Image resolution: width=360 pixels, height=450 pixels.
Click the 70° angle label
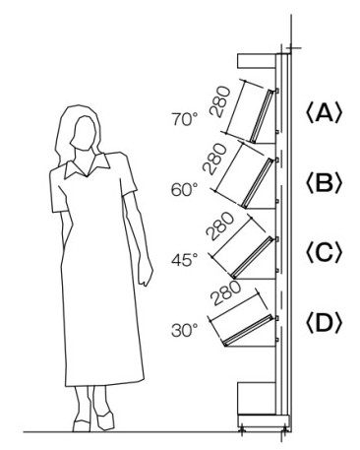click(x=185, y=119)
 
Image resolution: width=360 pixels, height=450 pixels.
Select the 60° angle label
click(x=185, y=190)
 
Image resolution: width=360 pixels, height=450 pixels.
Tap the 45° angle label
click(x=185, y=260)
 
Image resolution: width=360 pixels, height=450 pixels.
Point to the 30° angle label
click(x=185, y=330)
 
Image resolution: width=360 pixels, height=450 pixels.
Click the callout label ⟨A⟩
click(x=324, y=113)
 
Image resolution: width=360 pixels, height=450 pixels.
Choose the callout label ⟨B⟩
click(x=324, y=183)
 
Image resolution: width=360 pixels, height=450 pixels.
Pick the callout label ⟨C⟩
click(x=324, y=253)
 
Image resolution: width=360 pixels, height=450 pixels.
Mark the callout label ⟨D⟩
click(x=324, y=323)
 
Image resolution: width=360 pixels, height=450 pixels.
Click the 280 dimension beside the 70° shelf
click(x=220, y=101)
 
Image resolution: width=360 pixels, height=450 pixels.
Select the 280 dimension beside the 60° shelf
click(x=214, y=160)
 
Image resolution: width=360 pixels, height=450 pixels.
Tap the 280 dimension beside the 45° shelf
click(x=220, y=226)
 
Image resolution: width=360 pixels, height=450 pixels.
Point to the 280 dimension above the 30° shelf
click(x=225, y=293)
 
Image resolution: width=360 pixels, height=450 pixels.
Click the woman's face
click(x=85, y=133)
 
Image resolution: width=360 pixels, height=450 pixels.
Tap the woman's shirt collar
click(x=88, y=165)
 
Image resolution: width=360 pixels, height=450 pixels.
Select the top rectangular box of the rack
click(x=257, y=61)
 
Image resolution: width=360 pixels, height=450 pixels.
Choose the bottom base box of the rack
click(x=257, y=398)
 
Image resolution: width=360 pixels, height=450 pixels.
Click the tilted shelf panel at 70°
click(x=262, y=116)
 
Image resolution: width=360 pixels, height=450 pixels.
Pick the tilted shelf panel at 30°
click(x=248, y=331)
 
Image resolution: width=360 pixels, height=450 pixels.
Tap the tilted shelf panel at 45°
click(x=253, y=257)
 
